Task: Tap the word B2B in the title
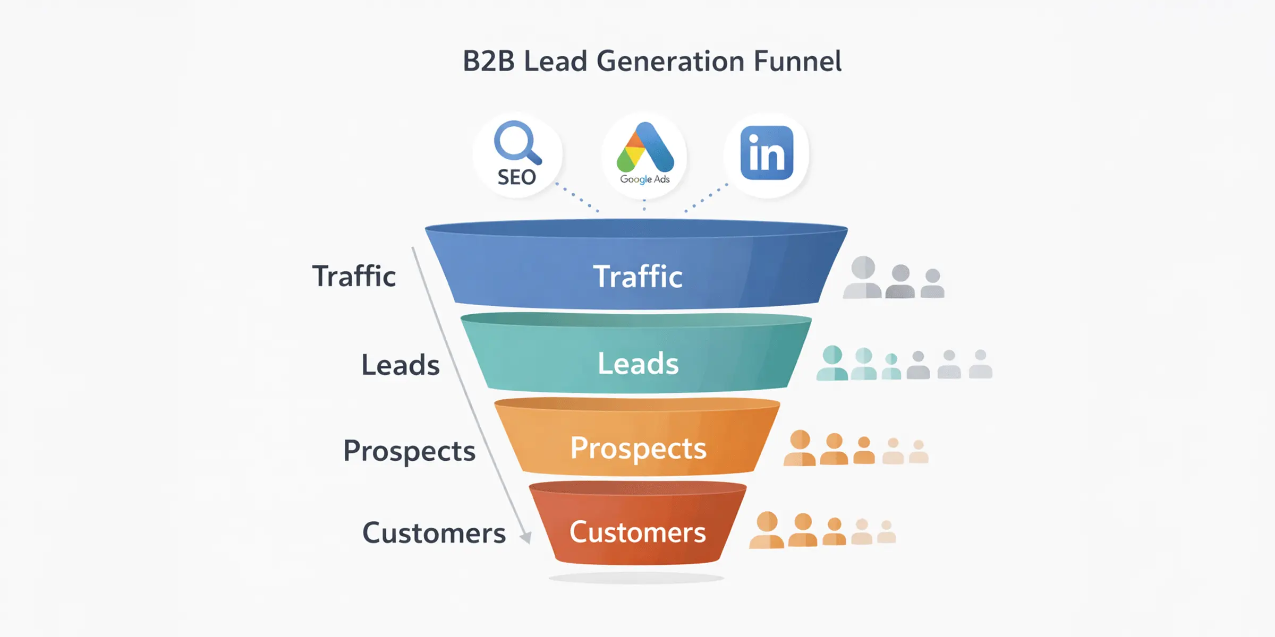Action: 489,61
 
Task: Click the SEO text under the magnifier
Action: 516,177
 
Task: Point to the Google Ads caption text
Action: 645,179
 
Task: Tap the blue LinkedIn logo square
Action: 767,153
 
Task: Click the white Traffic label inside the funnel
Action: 637,277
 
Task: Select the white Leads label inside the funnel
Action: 638,364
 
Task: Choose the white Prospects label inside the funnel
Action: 638,449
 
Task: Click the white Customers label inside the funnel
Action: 637,532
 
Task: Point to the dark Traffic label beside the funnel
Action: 354,276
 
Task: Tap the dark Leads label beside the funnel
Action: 401,365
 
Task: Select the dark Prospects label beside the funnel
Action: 409,451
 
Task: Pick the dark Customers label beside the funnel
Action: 433,533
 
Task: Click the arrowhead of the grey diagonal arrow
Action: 525,538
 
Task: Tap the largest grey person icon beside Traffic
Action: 863,277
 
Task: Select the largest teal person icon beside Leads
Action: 832,363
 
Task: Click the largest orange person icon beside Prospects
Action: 800,448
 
